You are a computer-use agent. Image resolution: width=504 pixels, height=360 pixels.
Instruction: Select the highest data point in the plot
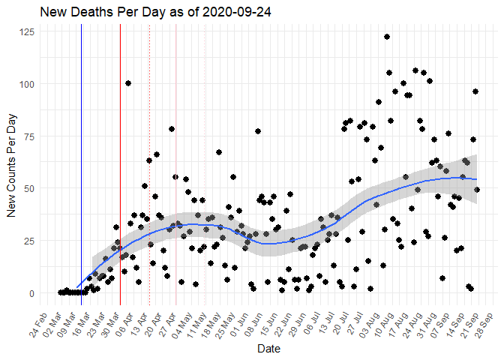[387, 37]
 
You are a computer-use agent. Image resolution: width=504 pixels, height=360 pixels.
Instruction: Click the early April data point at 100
[128, 83]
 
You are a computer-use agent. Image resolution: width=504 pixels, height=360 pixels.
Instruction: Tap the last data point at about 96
[475, 91]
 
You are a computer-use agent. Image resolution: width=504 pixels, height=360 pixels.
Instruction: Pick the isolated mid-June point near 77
[257, 131]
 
